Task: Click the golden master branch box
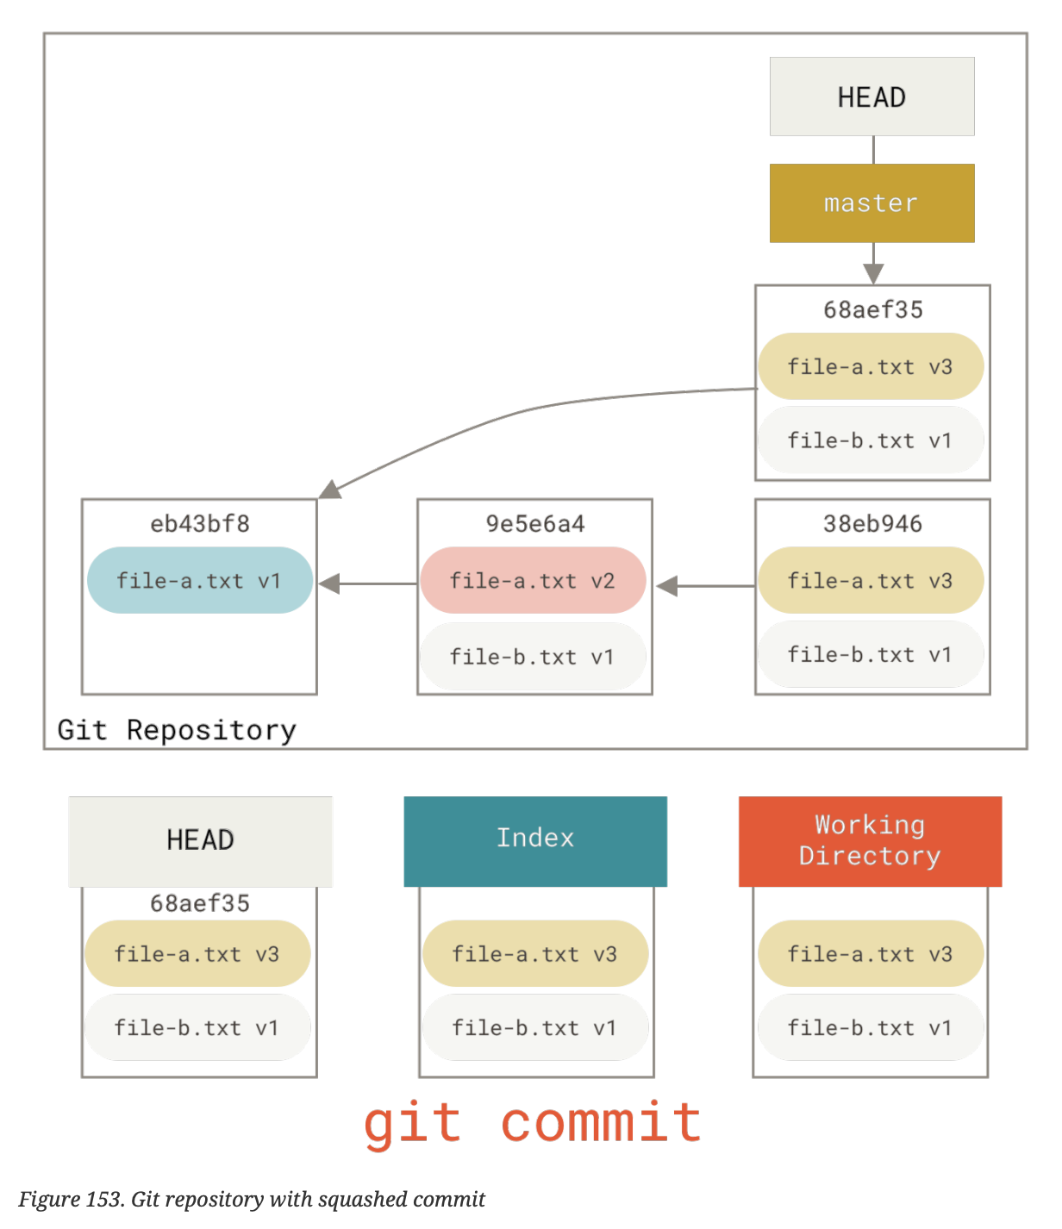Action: (x=871, y=203)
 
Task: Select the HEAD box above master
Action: (x=871, y=97)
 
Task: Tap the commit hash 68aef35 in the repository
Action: (x=872, y=309)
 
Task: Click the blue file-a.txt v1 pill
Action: (x=199, y=580)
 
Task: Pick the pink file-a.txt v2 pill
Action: (x=533, y=580)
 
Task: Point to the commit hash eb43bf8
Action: (x=199, y=523)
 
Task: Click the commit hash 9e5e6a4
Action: (x=534, y=523)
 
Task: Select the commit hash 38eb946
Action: (x=872, y=523)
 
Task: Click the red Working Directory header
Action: (x=870, y=840)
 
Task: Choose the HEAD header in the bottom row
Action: (x=200, y=840)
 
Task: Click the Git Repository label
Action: (x=177, y=730)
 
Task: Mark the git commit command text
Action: (x=532, y=1123)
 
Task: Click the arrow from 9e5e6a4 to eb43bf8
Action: (x=367, y=584)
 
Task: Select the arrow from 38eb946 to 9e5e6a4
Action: (x=704, y=586)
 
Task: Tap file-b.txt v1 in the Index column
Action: (x=534, y=1027)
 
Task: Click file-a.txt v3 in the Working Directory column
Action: (x=870, y=953)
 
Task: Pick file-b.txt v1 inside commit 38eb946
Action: (x=870, y=654)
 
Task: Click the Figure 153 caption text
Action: (x=252, y=1199)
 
